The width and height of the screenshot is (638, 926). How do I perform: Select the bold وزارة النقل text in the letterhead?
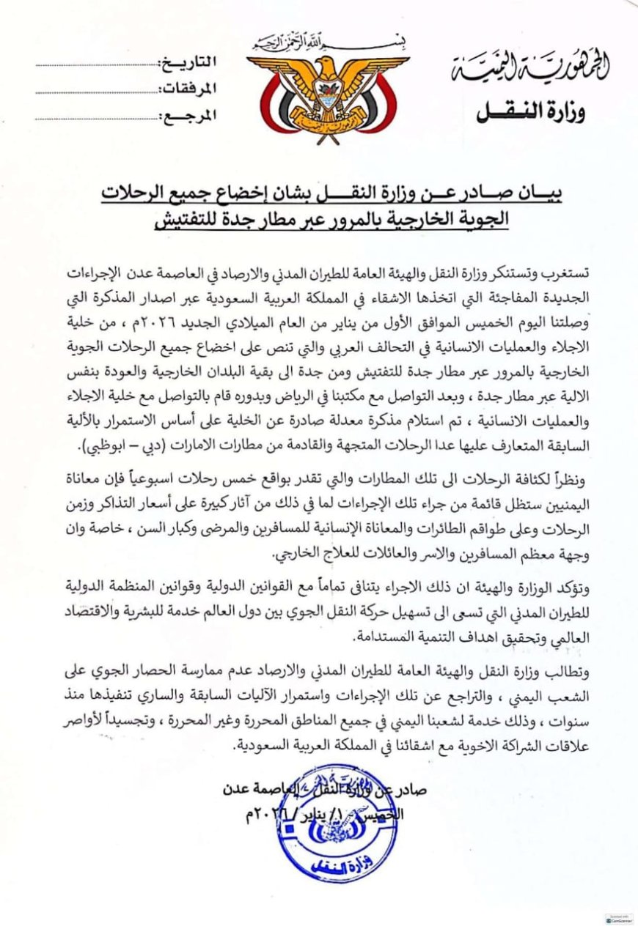[x=531, y=112]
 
